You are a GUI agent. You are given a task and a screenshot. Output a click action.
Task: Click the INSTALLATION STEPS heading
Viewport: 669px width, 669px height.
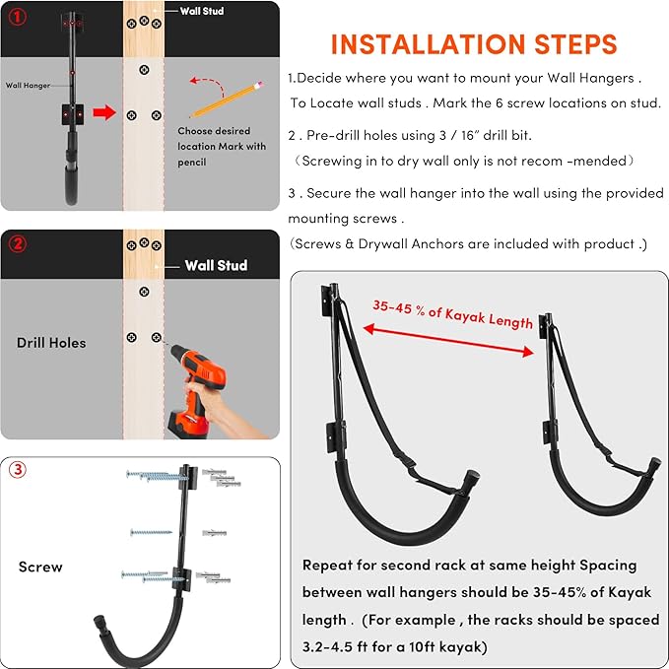474,44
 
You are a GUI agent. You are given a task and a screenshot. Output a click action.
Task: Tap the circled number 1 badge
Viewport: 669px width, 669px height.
18,17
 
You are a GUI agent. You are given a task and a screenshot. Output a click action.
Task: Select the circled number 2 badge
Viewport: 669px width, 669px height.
18,243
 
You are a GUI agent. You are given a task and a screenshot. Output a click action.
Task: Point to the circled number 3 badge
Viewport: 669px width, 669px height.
18,470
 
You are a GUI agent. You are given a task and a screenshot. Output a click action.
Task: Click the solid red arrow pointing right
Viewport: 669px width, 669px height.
104,112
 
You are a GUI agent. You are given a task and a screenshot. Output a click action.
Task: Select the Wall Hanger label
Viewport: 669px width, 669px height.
28,86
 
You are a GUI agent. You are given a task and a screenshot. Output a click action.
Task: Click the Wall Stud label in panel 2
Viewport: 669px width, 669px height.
216,265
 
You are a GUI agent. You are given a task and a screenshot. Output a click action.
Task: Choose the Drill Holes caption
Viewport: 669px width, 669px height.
51,343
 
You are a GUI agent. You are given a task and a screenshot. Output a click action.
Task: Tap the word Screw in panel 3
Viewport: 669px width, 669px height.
40,567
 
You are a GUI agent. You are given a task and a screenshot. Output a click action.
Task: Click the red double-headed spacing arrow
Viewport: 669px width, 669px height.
448,340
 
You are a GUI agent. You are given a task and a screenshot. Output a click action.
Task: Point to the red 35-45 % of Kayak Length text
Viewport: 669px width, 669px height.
452,314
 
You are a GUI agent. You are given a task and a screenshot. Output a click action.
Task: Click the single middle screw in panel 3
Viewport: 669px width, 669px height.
151,532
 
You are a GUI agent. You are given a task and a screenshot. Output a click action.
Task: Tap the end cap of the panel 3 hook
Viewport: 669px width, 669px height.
100,621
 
